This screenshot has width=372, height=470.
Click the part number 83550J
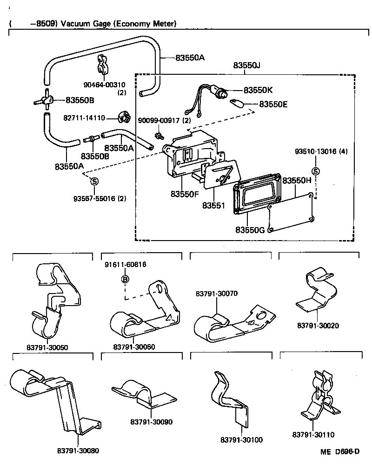(x=246, y=66)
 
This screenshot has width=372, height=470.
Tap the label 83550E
(x=273, y=104)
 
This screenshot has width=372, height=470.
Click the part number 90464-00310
(x=105, y=85)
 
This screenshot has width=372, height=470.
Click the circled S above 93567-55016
(x=93, y=181)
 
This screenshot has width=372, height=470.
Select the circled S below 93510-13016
(x=315, y=171)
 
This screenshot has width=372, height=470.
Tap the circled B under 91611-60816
(x=125, y=279)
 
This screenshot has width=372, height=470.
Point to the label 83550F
(x=185, y=194)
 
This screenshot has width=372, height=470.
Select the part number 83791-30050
(x=46, y=348)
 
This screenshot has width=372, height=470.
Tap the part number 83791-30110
(x=313, y=435)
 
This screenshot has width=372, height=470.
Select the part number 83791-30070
(x=217, y=294)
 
